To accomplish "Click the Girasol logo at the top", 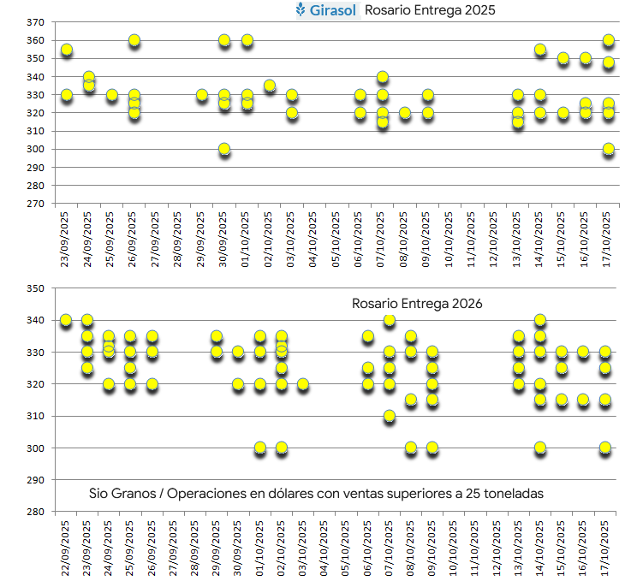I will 326,10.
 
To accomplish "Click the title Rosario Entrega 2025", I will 430,10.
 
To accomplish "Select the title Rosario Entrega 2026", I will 417,304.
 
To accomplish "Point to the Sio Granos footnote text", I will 316,494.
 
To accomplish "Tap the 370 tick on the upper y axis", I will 35,22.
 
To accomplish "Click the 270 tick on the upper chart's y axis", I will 35,204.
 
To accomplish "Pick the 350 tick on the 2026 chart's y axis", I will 35,288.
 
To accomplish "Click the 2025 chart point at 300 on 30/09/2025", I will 224,149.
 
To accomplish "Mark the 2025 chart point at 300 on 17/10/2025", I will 609,149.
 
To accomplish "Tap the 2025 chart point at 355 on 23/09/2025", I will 67,50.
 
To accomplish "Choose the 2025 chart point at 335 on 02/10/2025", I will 269,86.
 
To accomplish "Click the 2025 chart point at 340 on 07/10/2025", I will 383,77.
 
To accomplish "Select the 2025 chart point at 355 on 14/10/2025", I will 540,50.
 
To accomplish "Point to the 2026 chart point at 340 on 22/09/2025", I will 66,320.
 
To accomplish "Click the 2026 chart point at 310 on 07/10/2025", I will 390,416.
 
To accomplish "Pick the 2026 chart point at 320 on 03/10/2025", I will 303,384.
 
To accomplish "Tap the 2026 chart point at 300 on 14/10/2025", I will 540,448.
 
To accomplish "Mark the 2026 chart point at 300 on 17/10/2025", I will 605,448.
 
